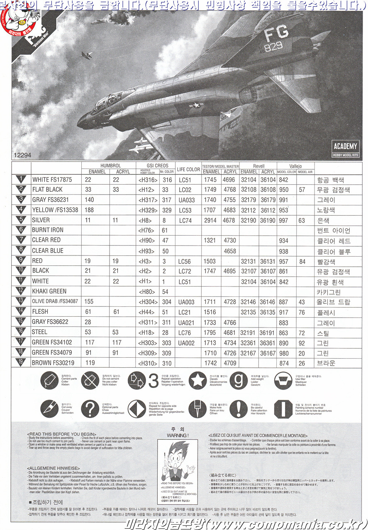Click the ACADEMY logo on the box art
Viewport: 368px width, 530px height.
pyautogui.click(x=345, y=146)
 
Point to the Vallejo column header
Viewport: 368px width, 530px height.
pyautogui.click(x=295, y=166)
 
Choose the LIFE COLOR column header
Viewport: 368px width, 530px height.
pyautogui.click(x=189, y=169)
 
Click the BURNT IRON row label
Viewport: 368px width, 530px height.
pyautogui.click(x=47, y=230)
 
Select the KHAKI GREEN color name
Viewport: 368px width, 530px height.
pyautogui.click(x=49, y=291)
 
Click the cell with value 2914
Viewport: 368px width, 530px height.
pyautogui.click(x=210, y=220)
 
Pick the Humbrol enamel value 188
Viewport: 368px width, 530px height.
pyautogui.click(x=89, y=210)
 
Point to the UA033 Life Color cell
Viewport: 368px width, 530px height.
pyautogui.click(x=186, y=200)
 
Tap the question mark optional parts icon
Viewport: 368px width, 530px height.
pyautogui.click(x=90, y=408)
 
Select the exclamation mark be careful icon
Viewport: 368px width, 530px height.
pyautogui.click(x=238, y=408)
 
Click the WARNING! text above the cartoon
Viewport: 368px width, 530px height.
pyautogui.click(x=177, y=436)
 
